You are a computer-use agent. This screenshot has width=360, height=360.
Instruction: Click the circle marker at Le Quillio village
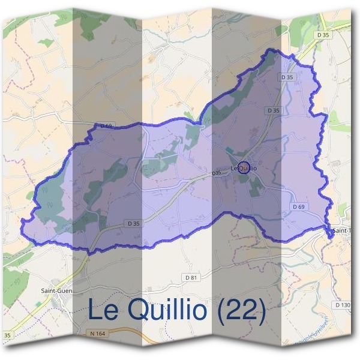[x=244, y=167]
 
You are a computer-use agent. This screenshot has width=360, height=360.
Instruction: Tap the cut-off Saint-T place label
[x=342, y=230]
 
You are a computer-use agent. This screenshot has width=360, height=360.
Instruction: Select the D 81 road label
[x=191, y=278]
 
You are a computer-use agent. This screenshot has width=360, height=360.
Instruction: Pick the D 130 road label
[x=343, y=305]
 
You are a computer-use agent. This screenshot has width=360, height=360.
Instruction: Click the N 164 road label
[x=97, y=333]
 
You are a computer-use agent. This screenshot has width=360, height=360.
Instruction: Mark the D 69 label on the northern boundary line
[x=105, y=125]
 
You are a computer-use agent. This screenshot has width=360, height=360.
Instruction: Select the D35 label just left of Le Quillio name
[x=217, y=173]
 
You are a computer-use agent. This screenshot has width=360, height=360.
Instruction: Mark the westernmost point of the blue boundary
[x=22, y=222]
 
